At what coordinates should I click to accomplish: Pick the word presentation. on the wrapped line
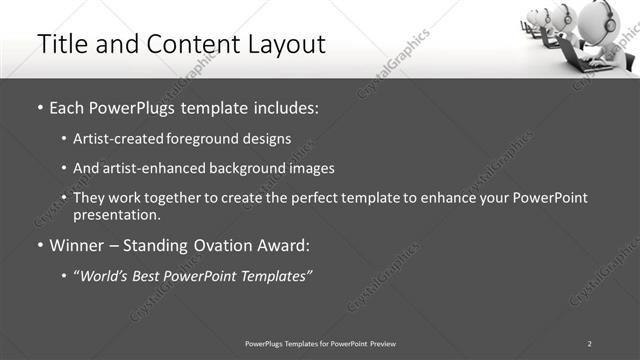pos(117,214)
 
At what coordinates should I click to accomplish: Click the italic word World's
pos(106,275)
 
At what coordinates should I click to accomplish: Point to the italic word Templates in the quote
pos(275,275)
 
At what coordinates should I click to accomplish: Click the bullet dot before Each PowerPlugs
pos(39,106)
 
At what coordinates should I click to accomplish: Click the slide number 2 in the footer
pos(590,343)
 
